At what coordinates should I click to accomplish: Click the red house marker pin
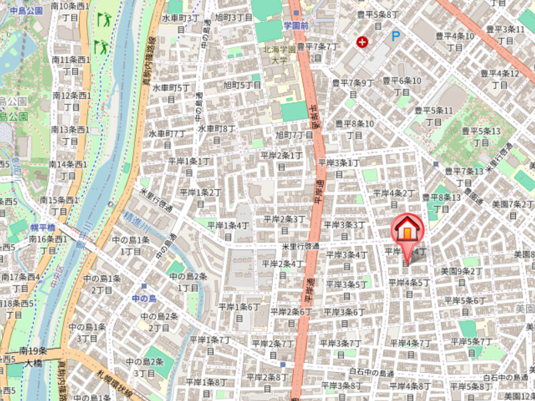407,231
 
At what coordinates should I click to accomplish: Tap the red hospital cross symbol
362,42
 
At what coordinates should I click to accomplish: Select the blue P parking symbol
396,36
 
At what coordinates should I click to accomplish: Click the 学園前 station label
296,25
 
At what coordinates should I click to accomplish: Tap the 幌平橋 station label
42,227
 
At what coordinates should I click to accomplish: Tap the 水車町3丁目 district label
181,23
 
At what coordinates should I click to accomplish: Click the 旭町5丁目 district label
242,90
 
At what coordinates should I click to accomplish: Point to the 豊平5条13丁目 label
481,136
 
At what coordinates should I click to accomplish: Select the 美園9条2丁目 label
461,276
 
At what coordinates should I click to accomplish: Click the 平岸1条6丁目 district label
239,312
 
